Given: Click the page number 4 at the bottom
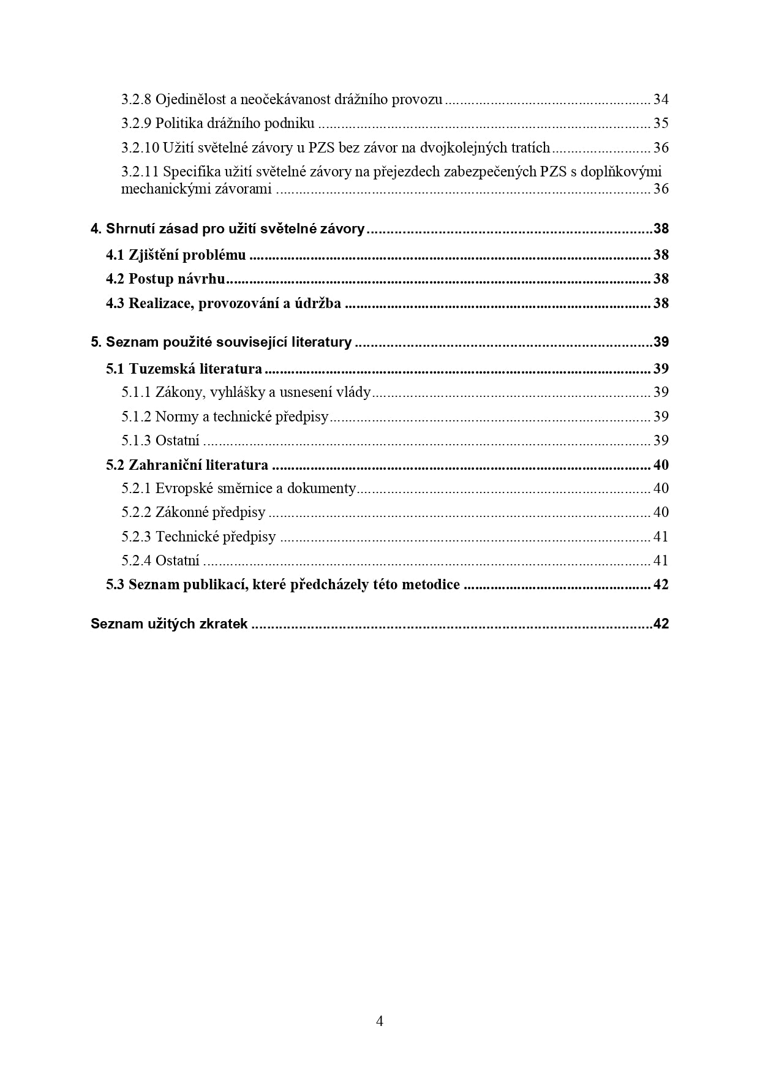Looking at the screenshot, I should (x=380, y=1021).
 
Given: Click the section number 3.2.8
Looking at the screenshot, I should (x=136, y=99).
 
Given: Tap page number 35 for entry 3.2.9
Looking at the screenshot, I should (x=661, y=124).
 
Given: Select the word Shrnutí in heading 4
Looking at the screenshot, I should (x=129, y=229).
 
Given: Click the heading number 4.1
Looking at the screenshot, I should (x=115, y=255).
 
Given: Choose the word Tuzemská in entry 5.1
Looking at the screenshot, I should (x=157, y=369).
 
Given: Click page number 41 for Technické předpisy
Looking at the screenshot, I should (x=661, y=537).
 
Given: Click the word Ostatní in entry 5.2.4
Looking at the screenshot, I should (x=178, y=561).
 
